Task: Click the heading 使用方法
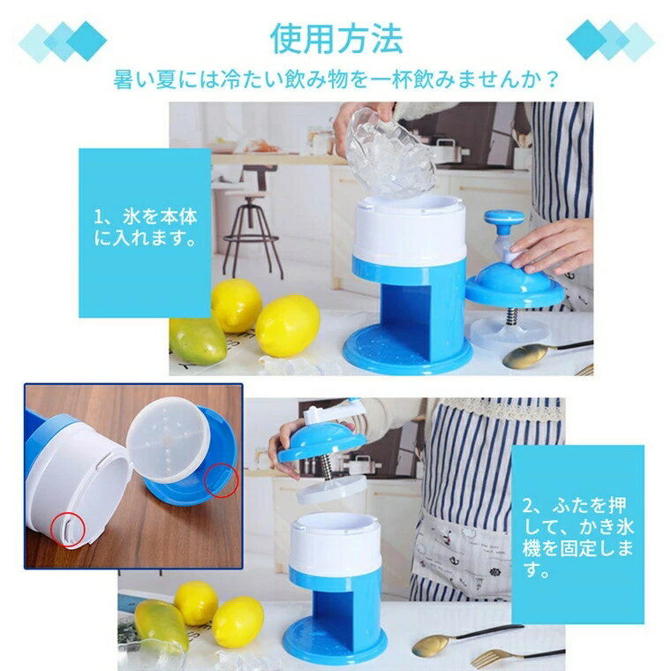tap(336, 40)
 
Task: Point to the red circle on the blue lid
tap(220, 479)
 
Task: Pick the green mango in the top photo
tap(197, 340)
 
